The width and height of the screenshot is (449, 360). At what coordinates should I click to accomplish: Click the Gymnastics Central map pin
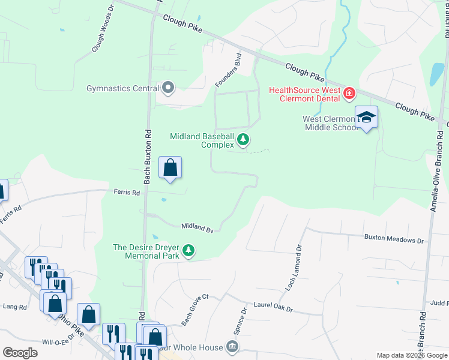click(168, 88)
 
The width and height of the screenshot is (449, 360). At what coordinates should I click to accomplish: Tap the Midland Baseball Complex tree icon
click(243, 140)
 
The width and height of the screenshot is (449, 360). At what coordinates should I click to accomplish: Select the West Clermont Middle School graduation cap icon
click(366, 117)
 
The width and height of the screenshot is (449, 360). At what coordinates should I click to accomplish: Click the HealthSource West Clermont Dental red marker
click(349, 94)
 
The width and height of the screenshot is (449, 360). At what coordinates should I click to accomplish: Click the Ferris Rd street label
click(127, 193)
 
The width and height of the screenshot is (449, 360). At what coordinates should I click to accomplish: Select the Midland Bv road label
click(197, 227)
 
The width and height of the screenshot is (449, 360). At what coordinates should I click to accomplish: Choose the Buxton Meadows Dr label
click(394, 239)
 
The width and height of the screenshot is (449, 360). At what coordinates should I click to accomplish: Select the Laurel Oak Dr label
click(272, 307)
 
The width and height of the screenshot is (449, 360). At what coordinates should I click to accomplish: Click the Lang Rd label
click(15, 307)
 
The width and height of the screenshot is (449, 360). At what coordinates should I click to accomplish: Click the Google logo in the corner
click(20, 353)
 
